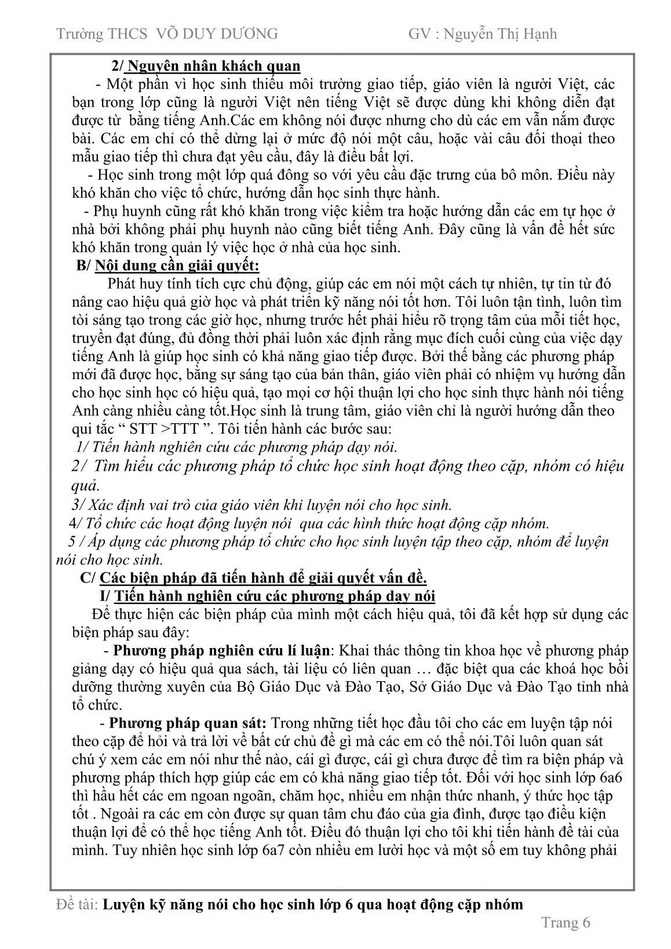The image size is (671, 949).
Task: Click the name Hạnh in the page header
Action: pyautogui.click(x=537, y=34)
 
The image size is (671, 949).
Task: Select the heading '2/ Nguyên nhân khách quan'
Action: pyautogui.click(x=206, y=66)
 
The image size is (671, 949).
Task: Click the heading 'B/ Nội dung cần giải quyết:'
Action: pyautogui.click(x=168, y=266)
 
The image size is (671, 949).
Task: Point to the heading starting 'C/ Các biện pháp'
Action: pyautogui.click(x=253, y=578)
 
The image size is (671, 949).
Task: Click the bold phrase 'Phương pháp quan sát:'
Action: pyautogui.click(x=188, y=723)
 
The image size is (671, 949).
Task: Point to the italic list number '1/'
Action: pyautogui.click(x=81, y=447)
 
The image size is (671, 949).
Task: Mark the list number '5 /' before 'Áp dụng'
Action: pyautogui.click(x=76, y=542)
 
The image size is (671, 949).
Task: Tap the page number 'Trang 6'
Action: pyautogui.click(x=565, y=923)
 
